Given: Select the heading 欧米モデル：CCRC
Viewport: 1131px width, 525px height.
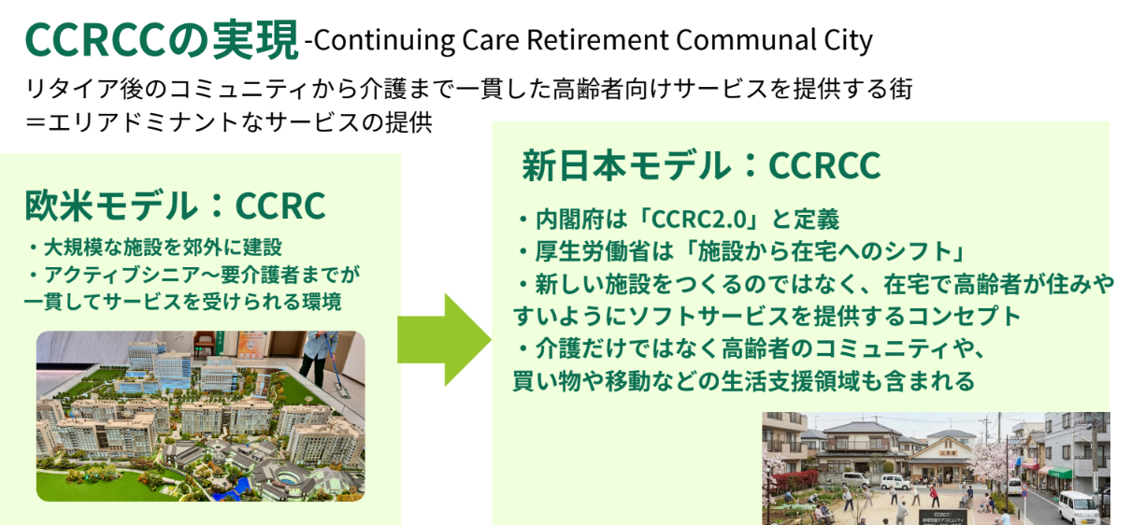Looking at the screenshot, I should click(175, 206).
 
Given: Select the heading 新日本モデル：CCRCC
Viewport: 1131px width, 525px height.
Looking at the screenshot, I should click(701, 166).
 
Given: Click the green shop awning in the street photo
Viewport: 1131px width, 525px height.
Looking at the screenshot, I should click(1060, 473).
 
